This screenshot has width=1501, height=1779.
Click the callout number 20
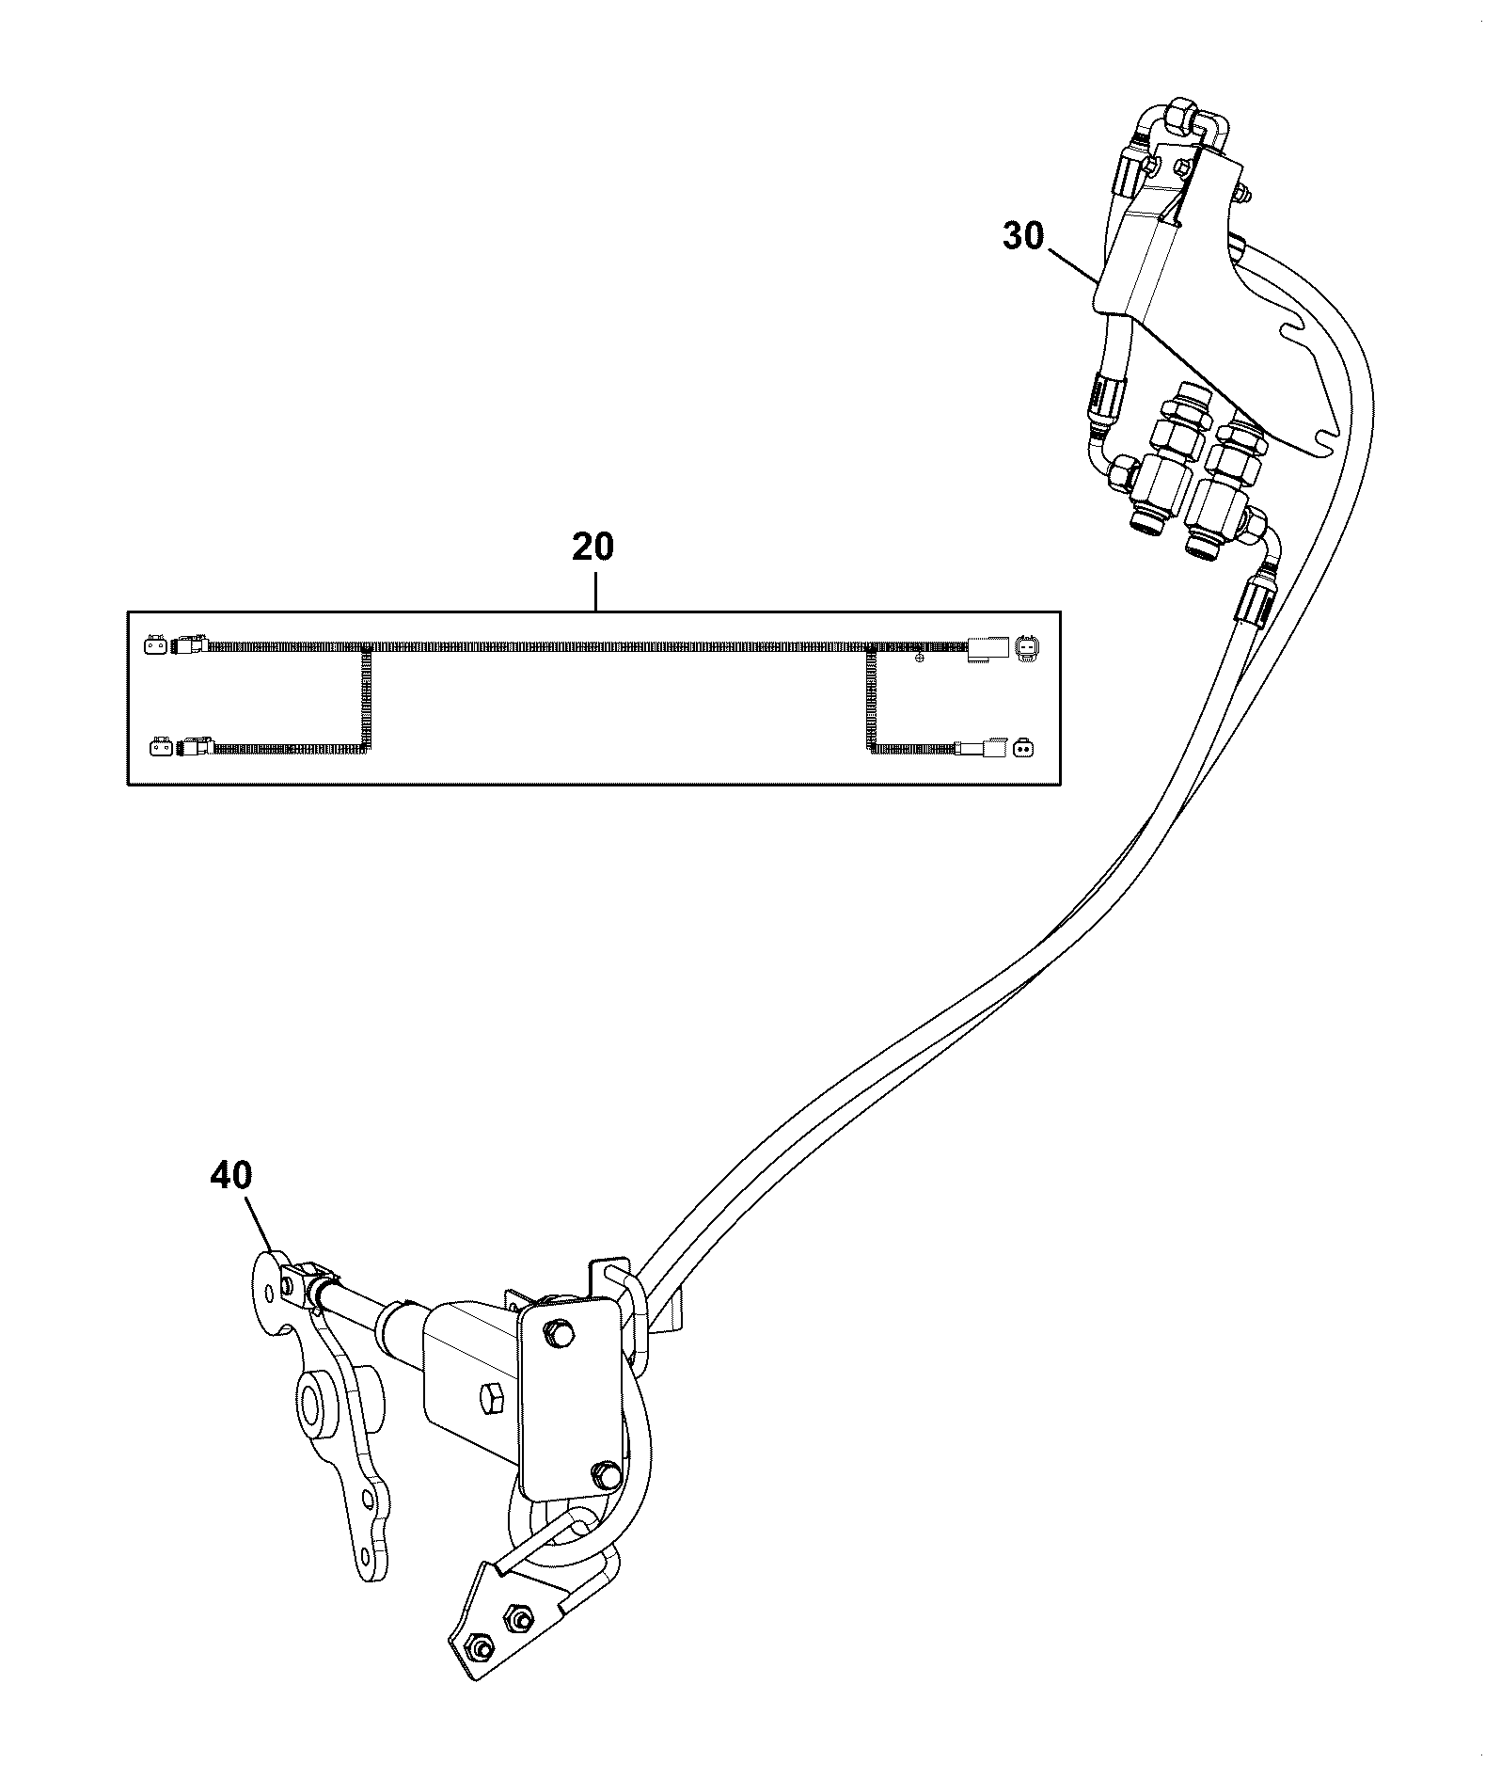click(x=592, y=547)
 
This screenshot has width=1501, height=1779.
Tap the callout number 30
click(x=1023, y=236)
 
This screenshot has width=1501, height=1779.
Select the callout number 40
click(x=231, y=1175)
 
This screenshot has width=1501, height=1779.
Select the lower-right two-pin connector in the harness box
click(x=1022, y=750)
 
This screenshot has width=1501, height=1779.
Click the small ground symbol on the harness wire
click(x=919, y=658)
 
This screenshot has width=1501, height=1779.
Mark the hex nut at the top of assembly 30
click(x=1177, y=119)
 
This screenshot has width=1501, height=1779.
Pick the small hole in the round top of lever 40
click(x=270, y=1294)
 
